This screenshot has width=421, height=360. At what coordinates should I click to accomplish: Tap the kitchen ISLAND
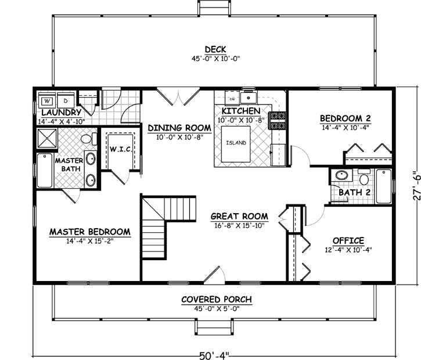[x=236, y=143]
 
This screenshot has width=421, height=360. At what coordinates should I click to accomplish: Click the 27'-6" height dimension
[x=414, y=186]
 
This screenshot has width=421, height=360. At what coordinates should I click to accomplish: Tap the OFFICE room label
[x=348, y=240]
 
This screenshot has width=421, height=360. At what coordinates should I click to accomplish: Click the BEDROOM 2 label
[x=346, y=118]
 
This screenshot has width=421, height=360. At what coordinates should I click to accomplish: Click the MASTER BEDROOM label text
[x=89, y=232]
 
